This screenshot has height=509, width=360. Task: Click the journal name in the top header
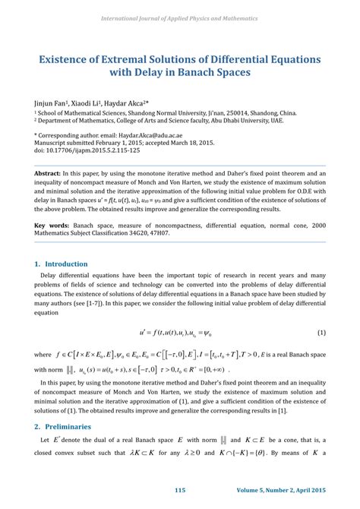179,17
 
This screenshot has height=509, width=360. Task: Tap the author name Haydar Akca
125,101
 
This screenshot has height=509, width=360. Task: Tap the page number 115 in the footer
180,491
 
